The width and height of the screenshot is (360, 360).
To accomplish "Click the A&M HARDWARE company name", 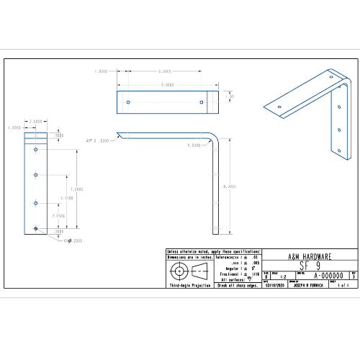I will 310,256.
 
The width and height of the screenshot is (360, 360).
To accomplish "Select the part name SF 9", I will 310,265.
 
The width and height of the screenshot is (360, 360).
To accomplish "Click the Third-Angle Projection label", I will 190,286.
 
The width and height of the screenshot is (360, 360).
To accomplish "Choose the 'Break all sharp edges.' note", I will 237,286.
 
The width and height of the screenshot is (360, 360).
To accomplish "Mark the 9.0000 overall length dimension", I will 167,85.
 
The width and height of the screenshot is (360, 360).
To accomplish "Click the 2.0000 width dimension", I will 35,122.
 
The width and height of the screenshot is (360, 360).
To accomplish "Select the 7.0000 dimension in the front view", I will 77,189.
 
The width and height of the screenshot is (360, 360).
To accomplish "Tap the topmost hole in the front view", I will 35,150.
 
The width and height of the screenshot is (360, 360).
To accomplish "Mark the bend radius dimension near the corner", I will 193,145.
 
